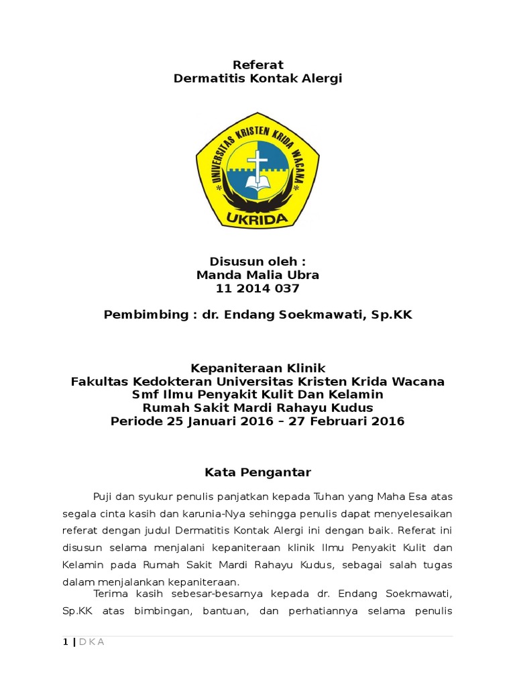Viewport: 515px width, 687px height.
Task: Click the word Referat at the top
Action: coord(257,65)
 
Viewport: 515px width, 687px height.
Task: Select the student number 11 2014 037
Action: coord(257,289)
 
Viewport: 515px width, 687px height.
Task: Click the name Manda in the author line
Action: coord(213,275)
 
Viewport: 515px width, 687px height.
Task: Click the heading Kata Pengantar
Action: coord(257,472)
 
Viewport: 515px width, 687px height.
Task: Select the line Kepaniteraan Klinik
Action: coord(257,368)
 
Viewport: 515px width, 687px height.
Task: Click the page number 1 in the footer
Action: coord(65,642)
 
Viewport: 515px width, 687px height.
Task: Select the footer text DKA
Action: coord(92,642)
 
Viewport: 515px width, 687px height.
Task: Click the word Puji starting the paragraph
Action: coord(103,496)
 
